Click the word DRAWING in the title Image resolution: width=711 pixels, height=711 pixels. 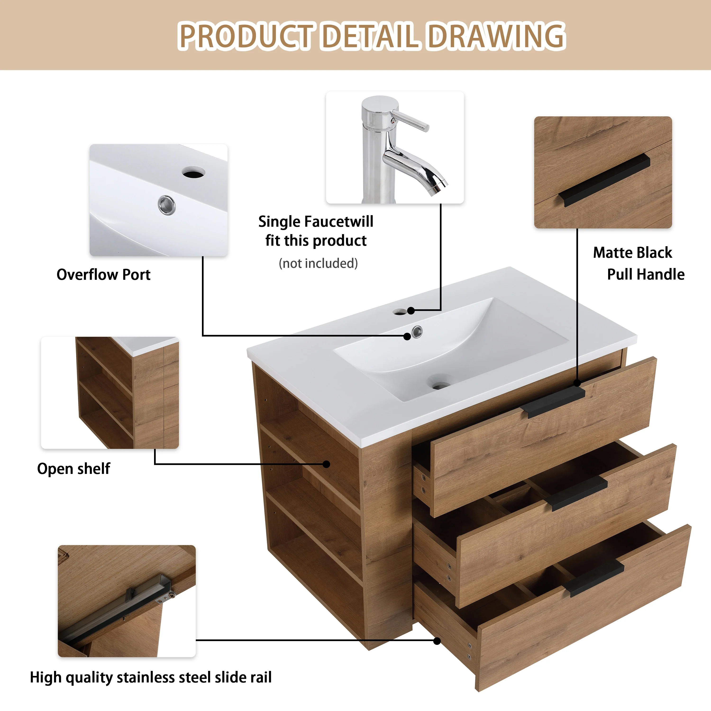tap(497, 36)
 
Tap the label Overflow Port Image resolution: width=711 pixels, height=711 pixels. tap(103, 274)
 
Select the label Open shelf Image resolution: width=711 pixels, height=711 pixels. tap(74, 469)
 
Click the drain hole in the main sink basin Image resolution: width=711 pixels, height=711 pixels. tap(440, 385)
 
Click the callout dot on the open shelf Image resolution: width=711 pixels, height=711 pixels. tap(326, 464)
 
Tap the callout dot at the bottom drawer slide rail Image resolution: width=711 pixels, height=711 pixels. tap(437, 641)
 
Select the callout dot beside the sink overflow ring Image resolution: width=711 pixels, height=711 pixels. tap(407, 336)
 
